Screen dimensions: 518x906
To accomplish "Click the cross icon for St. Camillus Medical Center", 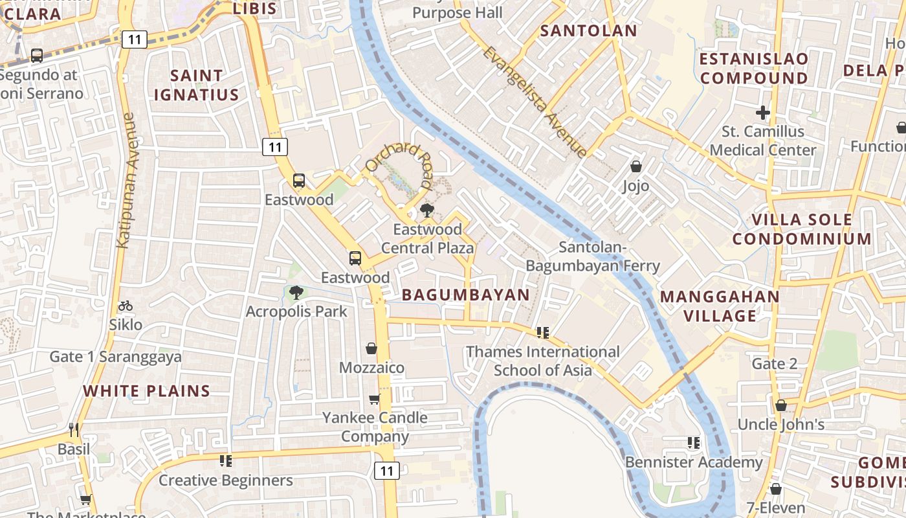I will (763, 113).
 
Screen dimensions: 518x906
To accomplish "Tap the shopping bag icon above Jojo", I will (636, 166).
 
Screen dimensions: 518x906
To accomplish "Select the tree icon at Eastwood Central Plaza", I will (426, 210).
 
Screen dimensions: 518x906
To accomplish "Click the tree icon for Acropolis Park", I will (296, 293).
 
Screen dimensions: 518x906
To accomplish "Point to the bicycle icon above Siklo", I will (126, 306).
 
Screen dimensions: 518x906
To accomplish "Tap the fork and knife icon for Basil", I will (74, 429).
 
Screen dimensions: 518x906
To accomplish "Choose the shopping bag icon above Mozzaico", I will (371, 348).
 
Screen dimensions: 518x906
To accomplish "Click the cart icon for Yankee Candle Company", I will (374, 399).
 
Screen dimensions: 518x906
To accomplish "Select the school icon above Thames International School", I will (543, 333).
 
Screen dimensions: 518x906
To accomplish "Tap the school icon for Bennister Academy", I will (694, 443).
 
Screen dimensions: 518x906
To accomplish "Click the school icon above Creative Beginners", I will (225, 461).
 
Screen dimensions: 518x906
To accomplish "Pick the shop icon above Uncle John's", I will (781, 405).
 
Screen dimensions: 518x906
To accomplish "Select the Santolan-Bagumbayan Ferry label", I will (593, 256).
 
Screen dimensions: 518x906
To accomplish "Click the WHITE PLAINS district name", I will (147, 391).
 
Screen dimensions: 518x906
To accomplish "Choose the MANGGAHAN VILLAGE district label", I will (720, 306).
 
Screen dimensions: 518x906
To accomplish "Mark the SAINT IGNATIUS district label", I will (196, 85).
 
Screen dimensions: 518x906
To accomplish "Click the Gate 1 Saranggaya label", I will (116, 357).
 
